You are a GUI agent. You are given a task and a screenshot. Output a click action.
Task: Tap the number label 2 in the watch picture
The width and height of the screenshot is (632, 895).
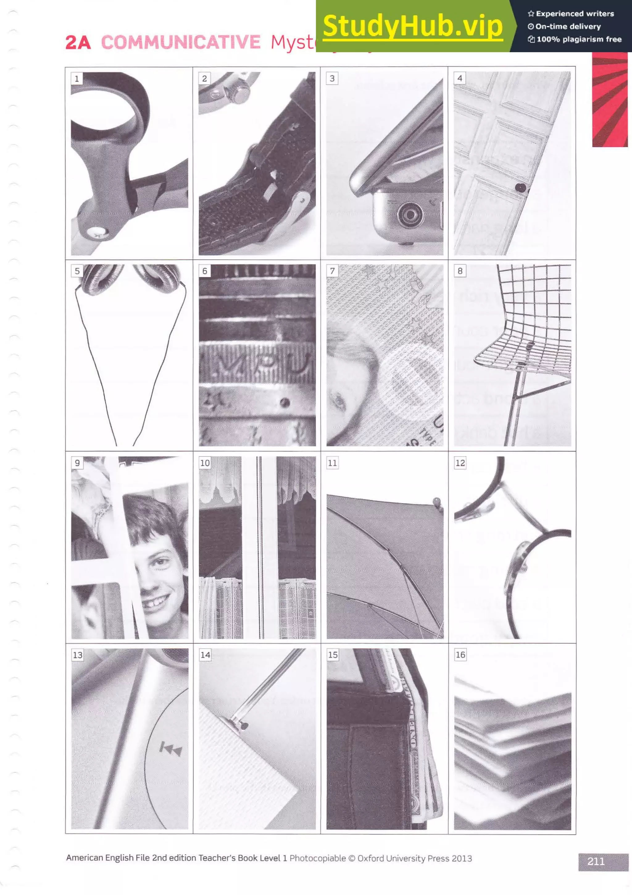[204, 78]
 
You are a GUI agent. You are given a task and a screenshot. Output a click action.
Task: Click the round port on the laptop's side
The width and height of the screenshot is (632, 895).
[409, 214]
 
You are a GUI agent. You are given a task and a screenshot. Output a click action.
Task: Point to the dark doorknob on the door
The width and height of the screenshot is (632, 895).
[520, 188]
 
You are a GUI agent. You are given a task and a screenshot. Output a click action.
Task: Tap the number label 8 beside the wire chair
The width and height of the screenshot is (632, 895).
[460, 271]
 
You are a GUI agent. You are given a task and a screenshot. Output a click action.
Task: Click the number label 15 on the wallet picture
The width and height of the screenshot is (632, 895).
[333, 655]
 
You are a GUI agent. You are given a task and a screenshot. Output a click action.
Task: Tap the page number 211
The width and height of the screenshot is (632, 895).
[596, 861]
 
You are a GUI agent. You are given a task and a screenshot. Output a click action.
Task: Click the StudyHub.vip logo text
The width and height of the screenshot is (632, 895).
[413, 26]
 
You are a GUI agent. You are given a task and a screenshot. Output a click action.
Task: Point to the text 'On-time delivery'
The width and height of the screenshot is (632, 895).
[568, 27]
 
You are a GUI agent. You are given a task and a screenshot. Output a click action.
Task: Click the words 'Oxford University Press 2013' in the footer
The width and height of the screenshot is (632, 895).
[414, 858]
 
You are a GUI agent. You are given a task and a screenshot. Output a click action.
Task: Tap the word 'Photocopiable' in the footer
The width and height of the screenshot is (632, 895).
[317, 858]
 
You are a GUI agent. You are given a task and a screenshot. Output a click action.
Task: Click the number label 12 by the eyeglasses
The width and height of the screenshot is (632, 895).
[460, 463]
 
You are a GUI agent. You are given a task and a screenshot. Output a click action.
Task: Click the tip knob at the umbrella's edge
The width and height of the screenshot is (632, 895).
[437, 500]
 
